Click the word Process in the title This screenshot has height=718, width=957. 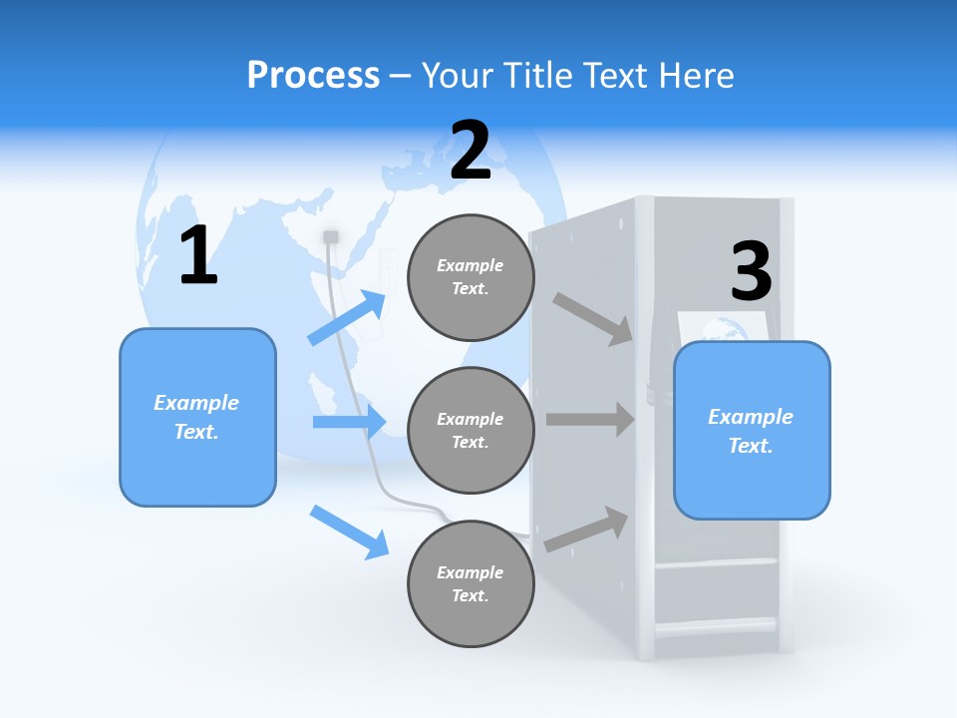coord(313,76)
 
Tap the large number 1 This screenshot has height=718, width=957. coord(198,256)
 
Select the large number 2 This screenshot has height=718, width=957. coord(471,152)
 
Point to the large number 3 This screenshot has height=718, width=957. coord(752,272)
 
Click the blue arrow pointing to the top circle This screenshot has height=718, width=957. coord(347,317)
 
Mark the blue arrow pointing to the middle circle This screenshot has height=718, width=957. coord(349,422)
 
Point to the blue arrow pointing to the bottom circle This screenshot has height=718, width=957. coord(349,531)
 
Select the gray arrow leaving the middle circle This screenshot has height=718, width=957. coord(590,420)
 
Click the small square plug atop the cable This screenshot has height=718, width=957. coord(331,236)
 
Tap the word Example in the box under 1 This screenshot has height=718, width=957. coord(196,403)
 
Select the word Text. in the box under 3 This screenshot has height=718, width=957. coord(751,446)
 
